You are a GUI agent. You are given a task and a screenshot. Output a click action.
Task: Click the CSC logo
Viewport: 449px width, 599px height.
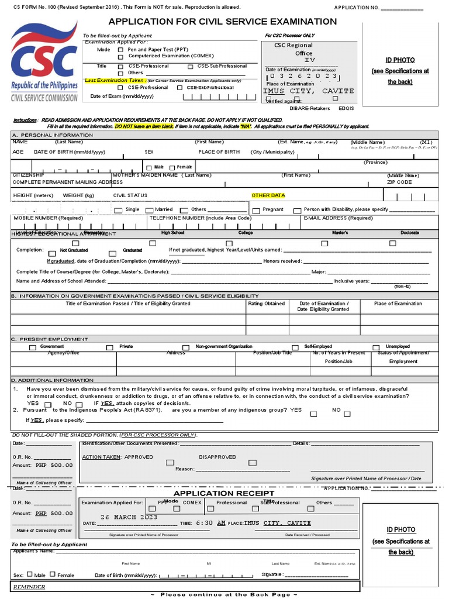click(x=44, y=61)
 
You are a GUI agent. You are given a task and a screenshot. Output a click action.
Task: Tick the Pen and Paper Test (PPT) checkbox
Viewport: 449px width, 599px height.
click(x=120, y=50)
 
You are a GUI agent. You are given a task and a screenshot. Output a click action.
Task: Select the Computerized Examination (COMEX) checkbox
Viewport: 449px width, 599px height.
click(x=120, y=57)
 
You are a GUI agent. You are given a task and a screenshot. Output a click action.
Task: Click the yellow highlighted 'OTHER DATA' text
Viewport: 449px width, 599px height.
click(x=268, y=195)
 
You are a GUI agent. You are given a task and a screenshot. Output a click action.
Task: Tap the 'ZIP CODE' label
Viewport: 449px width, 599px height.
click(x=399, y=182)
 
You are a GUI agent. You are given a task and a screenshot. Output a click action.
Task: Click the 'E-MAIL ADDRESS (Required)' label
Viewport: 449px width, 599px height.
click(x=337, y=218)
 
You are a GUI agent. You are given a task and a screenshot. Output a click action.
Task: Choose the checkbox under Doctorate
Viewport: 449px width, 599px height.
click(x=409, y=243)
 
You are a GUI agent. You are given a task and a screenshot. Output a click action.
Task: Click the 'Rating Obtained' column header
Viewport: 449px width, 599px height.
click(x=266, y=304)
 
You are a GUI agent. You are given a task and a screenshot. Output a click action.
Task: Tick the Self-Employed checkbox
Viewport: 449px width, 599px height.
click(x=295, y=347)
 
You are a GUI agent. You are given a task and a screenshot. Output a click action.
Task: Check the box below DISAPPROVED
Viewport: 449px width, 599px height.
click(x=253, y=463)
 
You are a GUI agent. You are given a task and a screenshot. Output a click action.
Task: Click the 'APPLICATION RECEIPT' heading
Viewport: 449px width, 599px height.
click(x=215, y=493)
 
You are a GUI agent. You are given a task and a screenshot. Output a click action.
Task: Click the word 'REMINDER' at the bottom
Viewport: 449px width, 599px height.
click(x=28, y=587)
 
